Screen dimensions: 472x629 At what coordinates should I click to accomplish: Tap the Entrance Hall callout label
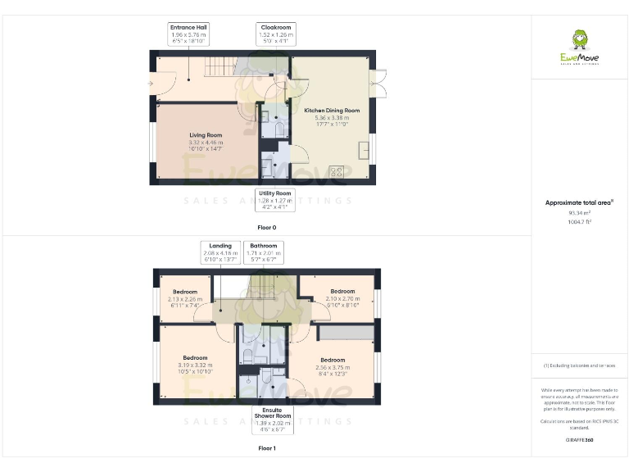pyautogui.click(x=188, y=33)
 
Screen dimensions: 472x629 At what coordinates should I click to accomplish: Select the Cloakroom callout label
pyautogui.click(x=275, y=33)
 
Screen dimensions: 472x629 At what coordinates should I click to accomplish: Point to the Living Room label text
pyautogui.click(x=206, y=135)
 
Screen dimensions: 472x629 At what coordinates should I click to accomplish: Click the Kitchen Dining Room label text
pyautogui.click(x=332, y=111)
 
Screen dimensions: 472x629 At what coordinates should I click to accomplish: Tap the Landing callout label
pyautogui.click(x=219, y=251)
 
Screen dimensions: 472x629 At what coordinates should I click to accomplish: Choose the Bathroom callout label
pyautogui.click(x=264, y=251)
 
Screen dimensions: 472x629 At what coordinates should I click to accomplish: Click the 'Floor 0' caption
pyautogui.click(x=267, y=225)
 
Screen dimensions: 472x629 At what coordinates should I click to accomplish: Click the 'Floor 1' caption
pyautogui.click(x=267, y=448)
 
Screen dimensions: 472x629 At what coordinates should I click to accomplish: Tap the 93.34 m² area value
pyautogui.click(x=579, y=212)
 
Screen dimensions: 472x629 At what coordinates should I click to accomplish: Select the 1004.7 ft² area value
pyautogui.click(x=579, y=221)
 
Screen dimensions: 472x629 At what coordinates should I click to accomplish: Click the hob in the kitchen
pyautogui.click(x=336, y=172)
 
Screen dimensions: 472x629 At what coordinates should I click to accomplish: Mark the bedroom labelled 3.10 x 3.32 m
pyautogui.click(x=195, y=365)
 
